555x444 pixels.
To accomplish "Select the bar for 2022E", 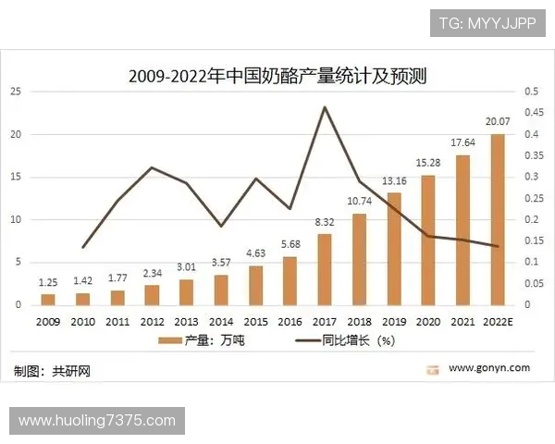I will click(498, 219).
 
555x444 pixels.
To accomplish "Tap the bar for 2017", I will click(325, 269).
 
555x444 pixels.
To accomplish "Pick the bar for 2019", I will click(394, 248).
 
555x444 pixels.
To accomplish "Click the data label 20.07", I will click(498, 121).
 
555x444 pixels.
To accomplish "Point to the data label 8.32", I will click(325, 222).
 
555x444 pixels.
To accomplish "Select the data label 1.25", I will click(49, 281).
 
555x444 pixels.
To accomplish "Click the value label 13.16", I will click(394, 180).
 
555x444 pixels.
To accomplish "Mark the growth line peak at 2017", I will click(325, 107).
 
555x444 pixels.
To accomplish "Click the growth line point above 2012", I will click(152, 167).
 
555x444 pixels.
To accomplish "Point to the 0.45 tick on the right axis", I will click(534, 113).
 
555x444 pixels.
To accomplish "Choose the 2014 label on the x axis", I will click(221, 321).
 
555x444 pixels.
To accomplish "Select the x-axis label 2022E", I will click(499, 321).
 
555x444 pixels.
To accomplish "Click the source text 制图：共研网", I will click(53, 370).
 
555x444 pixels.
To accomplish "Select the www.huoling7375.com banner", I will click(97, 421).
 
